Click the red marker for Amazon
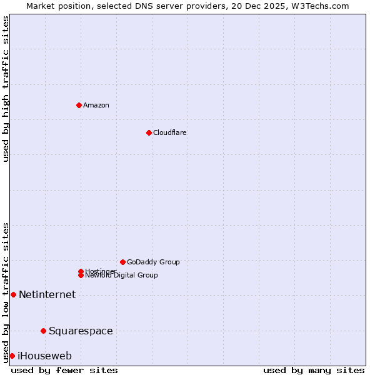click(x=79, y=105)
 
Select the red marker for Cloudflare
click(x=149, y=132)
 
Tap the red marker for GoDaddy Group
click(x=122, y=262)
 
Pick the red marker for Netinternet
click(x=13, y=294)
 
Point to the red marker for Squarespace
click(x=43, y=331)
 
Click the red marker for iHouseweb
click(x=12, y=356)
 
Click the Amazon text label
click(x=96, y=105)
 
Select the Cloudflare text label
click(x=170, y=132)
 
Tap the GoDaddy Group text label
click(x=153, y=262)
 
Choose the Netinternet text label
click(x=47, y=294)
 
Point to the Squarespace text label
click(x=81, y=331)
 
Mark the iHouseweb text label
click(x=44, y=356)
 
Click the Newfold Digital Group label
click(x=121, y=276)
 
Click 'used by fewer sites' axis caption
click(x=64, y=371)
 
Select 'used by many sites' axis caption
click(x=314, y=371)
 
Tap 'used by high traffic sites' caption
click(x=6, y=89)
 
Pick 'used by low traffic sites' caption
click(x=6, y=292)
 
